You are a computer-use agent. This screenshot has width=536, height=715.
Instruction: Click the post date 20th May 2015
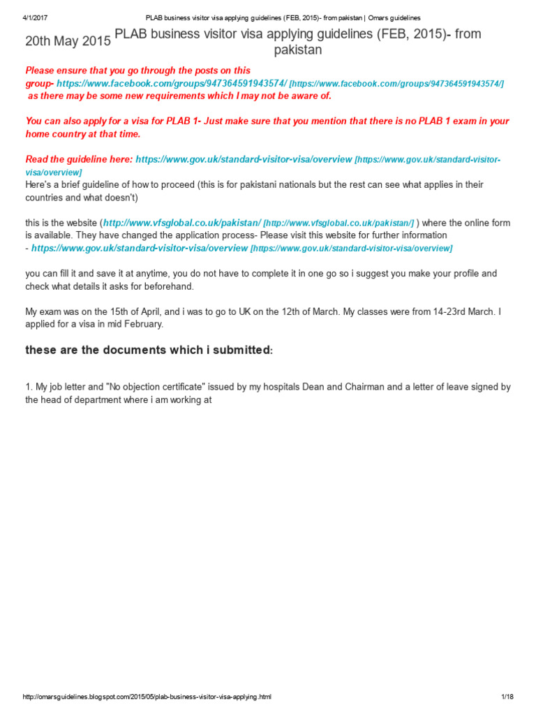(68, 41)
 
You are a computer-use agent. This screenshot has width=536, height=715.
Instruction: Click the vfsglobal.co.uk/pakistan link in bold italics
(181, 223)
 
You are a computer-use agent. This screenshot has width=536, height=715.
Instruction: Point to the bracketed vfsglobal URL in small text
(338, 223)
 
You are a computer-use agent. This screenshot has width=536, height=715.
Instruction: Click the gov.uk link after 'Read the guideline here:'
(244, 159)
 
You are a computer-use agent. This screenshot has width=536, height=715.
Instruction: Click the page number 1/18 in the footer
(507, 697)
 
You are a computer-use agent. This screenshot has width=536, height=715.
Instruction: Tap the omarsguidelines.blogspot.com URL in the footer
(147, 697)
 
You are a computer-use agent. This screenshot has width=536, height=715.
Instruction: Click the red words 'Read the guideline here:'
(79, 159)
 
